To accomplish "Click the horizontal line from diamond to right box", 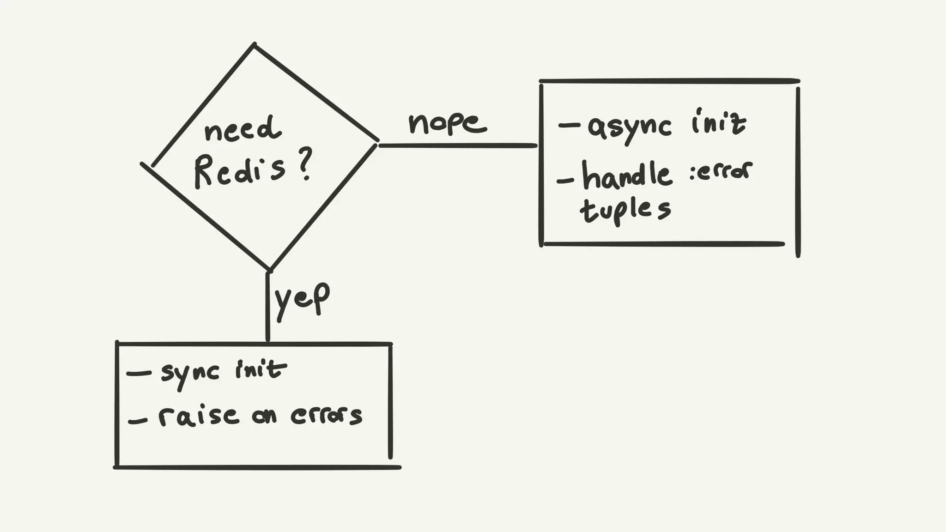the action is [x=457, y=146].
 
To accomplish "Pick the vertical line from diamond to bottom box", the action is [x=268, y=307].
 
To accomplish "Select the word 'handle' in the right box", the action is [x=626, y=175].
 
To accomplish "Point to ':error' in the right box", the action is [x=721, y=171].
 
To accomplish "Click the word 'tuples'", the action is [x=625, y=211].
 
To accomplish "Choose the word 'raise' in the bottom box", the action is [x=199, y=416].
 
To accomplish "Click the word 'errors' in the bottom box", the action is [x=326, y=416].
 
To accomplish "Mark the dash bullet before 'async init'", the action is [x=569, y=125].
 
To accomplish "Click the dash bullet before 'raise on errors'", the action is [x=138, y=421].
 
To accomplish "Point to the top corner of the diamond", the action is [x=254, y=45].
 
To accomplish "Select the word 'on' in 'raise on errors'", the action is [x=264, y=417].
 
